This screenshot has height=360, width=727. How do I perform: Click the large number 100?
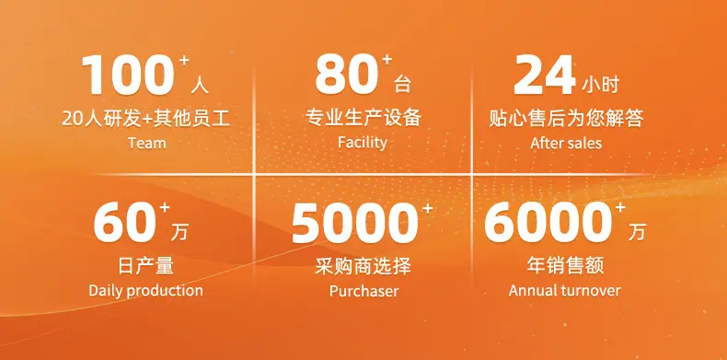coord(128,75)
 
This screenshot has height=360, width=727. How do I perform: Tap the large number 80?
coord(347,75)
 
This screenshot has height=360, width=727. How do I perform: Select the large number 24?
coord(545,75)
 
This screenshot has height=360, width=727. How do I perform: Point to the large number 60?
coord(125,224)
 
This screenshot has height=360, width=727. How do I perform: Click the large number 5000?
coord(355,224)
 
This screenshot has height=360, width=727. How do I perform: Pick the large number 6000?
coord(548,224)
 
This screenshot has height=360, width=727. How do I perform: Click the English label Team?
coord(147,143)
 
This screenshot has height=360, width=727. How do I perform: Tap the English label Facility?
coord(362,142)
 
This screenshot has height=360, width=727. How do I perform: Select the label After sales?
coord(566,143)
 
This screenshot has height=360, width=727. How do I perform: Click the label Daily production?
coord(145,291)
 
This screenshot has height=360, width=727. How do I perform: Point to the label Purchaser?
coord(364,291)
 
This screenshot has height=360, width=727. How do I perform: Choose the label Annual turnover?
coord(564,291)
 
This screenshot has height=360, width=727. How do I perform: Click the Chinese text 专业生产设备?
coord(363,118)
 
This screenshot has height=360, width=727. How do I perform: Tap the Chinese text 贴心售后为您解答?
coord(566,118)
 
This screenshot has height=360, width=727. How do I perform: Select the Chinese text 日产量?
coord(145,266)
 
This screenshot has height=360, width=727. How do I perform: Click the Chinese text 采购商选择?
coord(363,266)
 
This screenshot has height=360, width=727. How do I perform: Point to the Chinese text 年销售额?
coord(565,266)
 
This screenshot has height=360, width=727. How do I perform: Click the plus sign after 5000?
coord(428,209)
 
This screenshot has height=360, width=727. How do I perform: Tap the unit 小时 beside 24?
coord(600,85)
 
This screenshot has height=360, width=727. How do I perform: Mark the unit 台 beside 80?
coord(402,85)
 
